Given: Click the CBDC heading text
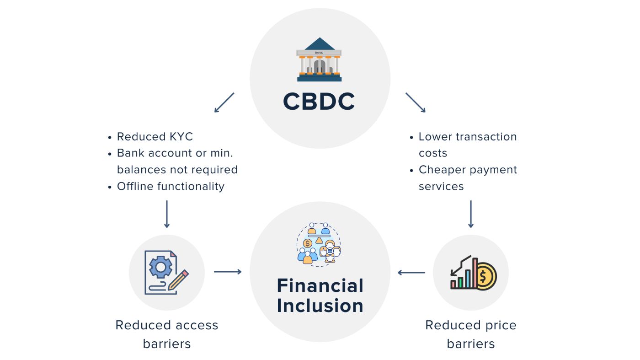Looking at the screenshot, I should tap(319, 102).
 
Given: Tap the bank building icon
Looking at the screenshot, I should tap(319, 59).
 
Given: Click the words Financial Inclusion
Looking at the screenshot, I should tap(320, 296).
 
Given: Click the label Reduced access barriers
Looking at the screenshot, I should tap(167, 334).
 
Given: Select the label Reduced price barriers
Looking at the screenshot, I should tap(471, 334).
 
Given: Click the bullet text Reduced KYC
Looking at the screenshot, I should tap(155, 137).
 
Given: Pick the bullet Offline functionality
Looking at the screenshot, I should tap(171, 186).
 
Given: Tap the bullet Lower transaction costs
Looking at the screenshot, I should tap(468, 145).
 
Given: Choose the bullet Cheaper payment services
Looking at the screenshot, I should tap(468, 178).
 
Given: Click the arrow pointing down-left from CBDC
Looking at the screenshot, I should tap(224, 102).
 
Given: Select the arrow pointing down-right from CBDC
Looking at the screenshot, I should tap(416, 102).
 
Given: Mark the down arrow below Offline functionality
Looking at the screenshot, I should tap(167, 214).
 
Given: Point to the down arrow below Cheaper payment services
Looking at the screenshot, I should tap(471, 214).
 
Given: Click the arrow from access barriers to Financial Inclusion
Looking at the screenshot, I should tap(228, 272).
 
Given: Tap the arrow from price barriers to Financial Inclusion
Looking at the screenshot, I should tap(411, 273).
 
